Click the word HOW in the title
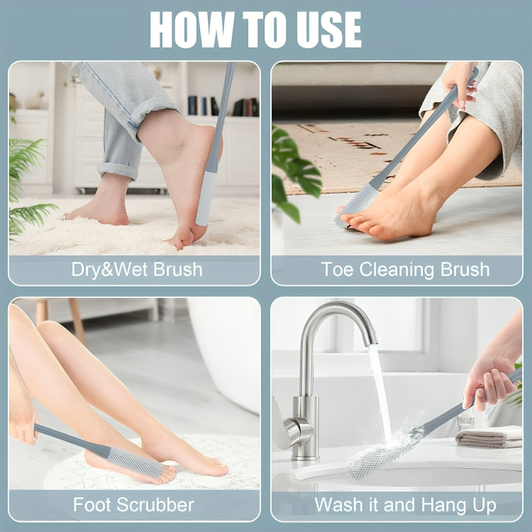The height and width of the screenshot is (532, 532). coord(192,29)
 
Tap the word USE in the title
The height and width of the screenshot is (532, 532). coord(329,30)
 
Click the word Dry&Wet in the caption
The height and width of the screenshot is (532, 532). coord(110,270)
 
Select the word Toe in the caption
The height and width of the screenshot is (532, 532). coord(337,270)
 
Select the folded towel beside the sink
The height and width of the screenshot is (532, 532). coord(489,437)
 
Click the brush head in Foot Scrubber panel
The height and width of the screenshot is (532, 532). coord(135,462)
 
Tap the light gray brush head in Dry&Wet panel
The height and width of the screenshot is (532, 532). coord(206,199)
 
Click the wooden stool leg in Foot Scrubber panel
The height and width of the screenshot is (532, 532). coord(77,320)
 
